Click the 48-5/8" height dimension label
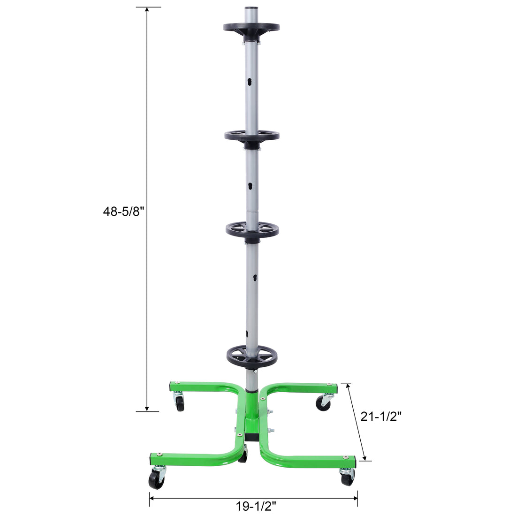pos(122,212)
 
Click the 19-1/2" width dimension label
pos(256,505)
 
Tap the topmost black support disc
pos(251,28)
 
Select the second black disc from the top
pos(251,136)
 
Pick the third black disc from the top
pos(252,230)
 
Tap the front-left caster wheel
pos(155,479)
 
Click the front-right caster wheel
pos(347,478)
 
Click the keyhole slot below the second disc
pos(250,186)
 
